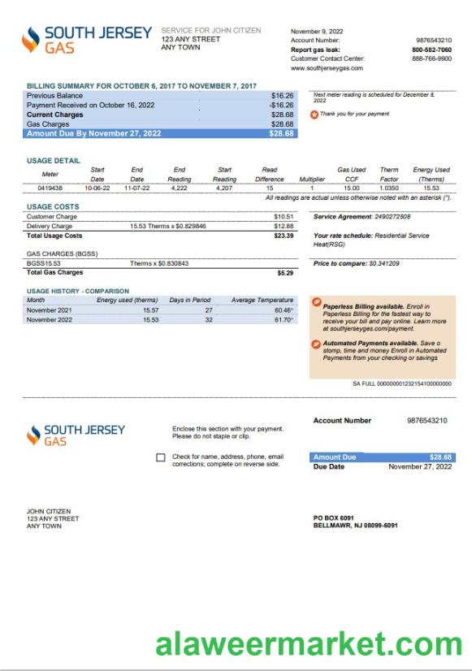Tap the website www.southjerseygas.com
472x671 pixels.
pyautogui.click(x=327, y=68)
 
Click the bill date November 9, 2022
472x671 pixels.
pyautogui.click(x=318, y=31)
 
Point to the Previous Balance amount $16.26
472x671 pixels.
pyautogui.click(x=283, y=96)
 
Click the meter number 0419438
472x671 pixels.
pyautogui.click(x=50, y=188)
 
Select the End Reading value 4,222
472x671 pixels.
pyautogui.click(x=180, y=188)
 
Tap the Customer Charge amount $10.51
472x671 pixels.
pyautogui.click(x=284, y=217)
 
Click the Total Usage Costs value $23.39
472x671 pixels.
pyautogui.click(x=284, y=236)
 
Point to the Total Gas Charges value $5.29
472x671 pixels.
pyautogui.click(x=285, y=273)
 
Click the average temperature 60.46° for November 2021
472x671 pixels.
pyautogui.click(x=284, y=310)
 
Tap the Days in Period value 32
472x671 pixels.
pyautogui.click(x=208, y=320)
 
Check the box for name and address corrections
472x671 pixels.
pyautogui.click(x=161, y=458)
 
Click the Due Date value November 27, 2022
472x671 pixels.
pyautogui.click(x=420, y=467)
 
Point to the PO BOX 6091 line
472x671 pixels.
pyautogui.click(x=333, y=517)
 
